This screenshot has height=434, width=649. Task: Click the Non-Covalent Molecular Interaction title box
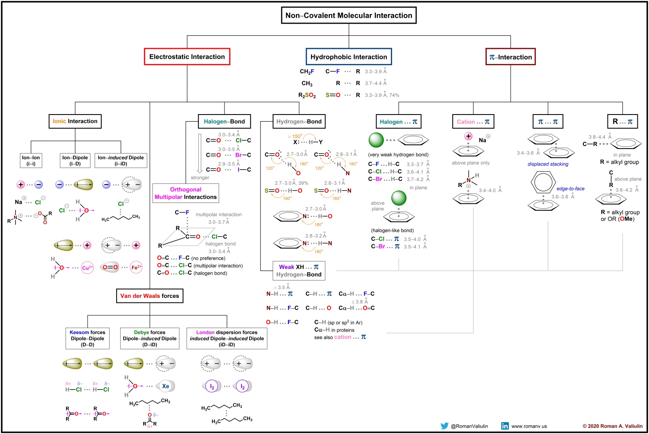tap(349, 15)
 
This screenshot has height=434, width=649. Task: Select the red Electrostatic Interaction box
tap(187, 56)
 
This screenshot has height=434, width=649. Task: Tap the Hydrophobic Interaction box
tap(349, 57)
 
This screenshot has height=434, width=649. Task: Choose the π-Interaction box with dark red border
tap(510, 57)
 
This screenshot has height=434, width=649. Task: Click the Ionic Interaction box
tap(75, 121)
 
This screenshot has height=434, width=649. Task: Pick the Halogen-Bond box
tap(224, 122)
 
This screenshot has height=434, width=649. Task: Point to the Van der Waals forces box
tap(149, 296)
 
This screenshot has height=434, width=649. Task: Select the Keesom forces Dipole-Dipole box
tap(88, 339)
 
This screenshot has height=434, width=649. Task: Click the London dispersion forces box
tap(227, 339)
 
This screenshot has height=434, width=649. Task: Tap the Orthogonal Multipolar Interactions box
tap(185, 193)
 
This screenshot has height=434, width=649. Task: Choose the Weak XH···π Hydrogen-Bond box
tap(299, 271)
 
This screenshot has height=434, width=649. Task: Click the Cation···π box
tap(473, 122)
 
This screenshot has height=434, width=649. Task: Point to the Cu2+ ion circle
tap(87, 267)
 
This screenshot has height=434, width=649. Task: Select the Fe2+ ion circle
tap(136, 267)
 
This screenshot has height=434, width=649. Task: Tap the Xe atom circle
tap(166, 386)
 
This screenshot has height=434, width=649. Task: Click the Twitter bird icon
tap(444, 426)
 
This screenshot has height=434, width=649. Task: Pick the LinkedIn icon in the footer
tap(505, 426)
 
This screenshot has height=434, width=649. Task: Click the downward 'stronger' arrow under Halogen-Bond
tap(200, 153)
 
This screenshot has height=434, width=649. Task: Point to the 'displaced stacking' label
tap(548, 164)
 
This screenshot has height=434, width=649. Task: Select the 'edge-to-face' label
tap(570, 189)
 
